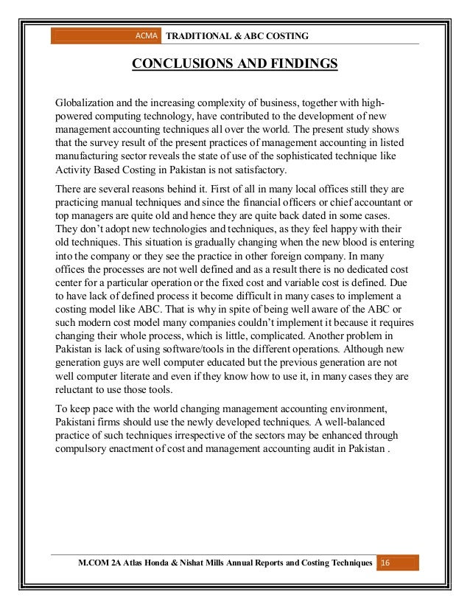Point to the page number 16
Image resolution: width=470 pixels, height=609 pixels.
click(385, 564)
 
